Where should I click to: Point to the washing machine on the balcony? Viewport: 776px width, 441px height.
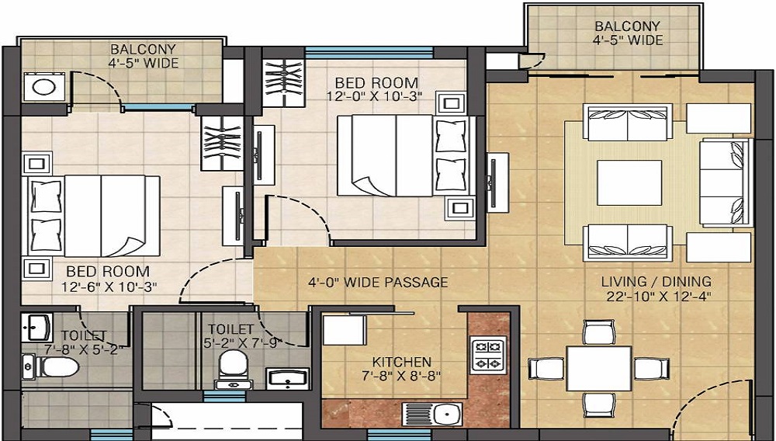pos(44,87)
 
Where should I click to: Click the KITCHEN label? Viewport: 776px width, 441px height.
pos(401,362)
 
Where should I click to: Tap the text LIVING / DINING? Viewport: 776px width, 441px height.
pos(656,282)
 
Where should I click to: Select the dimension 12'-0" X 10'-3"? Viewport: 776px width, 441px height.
pos(374,96)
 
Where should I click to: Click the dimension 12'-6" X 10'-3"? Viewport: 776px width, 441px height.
pos(109,286)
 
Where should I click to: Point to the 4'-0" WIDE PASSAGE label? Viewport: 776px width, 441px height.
pos(378,282)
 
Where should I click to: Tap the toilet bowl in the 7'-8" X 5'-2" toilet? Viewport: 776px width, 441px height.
pos(50,366)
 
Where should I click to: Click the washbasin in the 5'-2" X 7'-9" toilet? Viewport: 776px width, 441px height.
pos(288,379)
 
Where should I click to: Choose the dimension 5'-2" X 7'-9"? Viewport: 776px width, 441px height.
pos(242,343)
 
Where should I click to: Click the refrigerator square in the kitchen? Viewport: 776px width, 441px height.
pos(344,330)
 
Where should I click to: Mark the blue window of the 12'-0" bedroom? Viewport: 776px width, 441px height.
pos(369,53)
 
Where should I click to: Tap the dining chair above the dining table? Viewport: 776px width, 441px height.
pos(599,332)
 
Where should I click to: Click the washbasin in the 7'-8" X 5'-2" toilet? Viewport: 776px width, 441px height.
pos(37,327)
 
